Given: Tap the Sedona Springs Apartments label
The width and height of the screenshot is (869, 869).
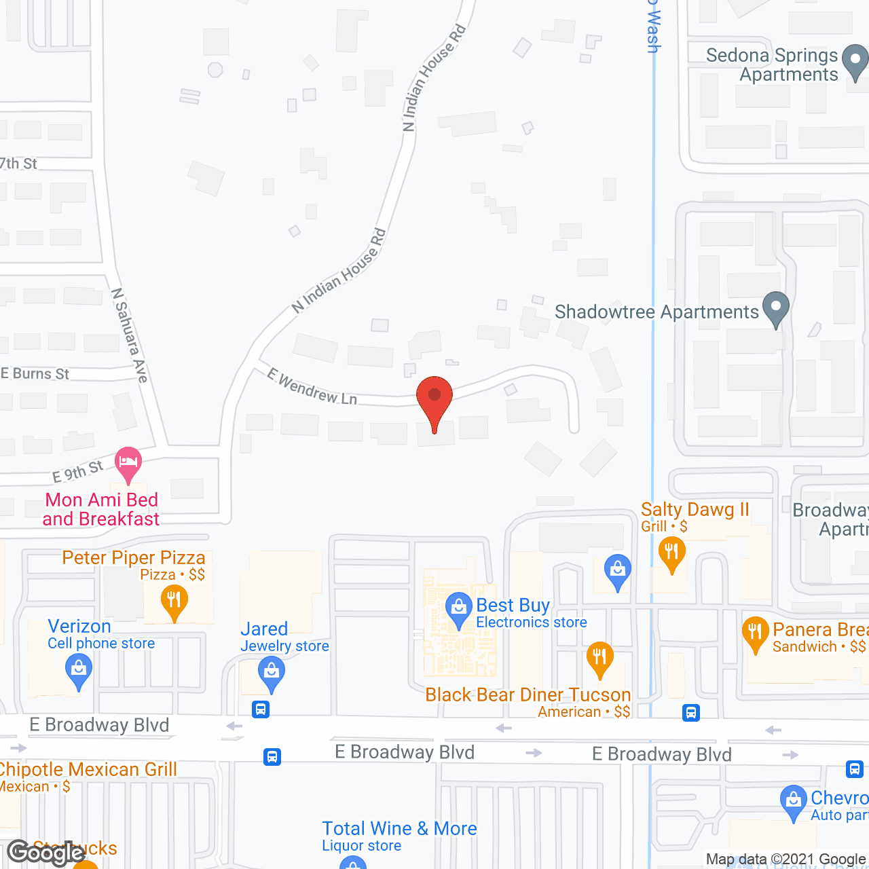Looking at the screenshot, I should click(772, 64).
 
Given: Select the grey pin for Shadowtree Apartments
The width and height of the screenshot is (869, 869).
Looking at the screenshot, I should click(776, 309).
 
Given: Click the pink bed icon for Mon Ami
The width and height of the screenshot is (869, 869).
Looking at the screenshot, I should click(128, 463).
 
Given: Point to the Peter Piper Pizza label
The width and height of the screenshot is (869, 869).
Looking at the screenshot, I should click(134, 557).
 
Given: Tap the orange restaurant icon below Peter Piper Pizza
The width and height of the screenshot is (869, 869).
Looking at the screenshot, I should click(174, 602).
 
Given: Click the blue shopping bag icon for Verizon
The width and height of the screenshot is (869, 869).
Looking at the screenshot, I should click(79, 669).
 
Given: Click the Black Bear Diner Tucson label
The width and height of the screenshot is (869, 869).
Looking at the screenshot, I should click(528, 695).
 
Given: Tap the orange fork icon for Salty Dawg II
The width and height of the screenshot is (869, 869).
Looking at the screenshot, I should click(671, 553).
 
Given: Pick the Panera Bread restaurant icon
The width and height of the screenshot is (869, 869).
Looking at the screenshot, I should click(756, 633).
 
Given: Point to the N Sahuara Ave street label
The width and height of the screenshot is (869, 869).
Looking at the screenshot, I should click(130, 335).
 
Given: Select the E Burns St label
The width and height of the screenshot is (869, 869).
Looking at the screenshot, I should click(35, 373).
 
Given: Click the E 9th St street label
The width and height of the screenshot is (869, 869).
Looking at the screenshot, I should click(77, 470).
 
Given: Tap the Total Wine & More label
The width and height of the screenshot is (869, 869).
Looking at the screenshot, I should click(399, 828).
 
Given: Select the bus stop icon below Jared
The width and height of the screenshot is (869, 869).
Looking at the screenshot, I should click(261, 710).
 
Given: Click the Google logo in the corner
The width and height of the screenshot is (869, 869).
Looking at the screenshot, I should click(46, 853).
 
